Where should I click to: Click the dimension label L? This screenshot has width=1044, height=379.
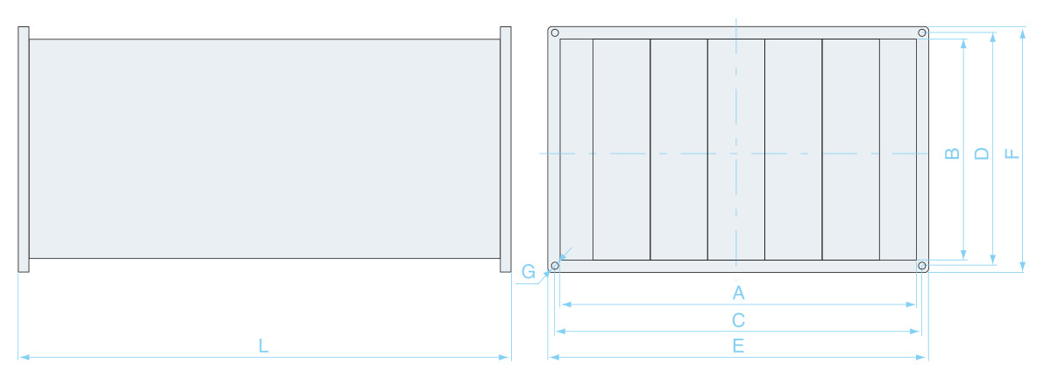pyautogui.click(x=264, y=346)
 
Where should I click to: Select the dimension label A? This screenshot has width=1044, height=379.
pyautogui.click(x=738, y=292)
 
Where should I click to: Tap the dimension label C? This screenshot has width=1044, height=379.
pyautogui.click(x=738, y=320)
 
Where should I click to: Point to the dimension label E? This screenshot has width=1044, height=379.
pyautogui.click(x=738, y=346)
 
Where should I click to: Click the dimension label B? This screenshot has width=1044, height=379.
pyautogui.click(x=953, y=154)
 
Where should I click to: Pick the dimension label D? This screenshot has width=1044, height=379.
pyautogui.click(x=982, y=154)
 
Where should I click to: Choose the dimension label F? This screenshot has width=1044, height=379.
pyautogui.click(x=1012, y=154)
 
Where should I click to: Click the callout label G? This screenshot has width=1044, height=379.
pyautogui.click(x=528, y=272)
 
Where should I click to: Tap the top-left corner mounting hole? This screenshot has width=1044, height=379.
pyautogui.click(x=555, y=32)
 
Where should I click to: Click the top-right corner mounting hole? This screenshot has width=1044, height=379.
pyautogui.click(x=922, y=32)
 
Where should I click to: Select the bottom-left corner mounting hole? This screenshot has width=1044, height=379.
pyautogui.click(x=555, y=266)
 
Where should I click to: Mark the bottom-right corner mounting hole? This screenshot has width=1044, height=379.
pyautogui.click(x=922, y=266)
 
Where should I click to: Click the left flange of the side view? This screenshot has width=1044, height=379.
pyautogui.click(x=24, y=149)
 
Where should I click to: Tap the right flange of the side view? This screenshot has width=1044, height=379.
pyautogui.click(x=506, y=149)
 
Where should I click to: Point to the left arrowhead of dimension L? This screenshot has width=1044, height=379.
pyautogui.click(x=24, y=358)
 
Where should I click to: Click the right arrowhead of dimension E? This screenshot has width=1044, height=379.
pyautogui.click(x=922, y=358)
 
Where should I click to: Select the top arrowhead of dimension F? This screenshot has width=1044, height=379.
pyautogui.click(x=1023, y=32)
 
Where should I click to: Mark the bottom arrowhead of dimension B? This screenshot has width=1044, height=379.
pyautogui.click(x=963, y=254)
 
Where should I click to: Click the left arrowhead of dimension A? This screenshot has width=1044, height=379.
pyautogui.click(x=566, y=304)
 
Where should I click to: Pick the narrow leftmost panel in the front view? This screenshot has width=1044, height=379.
pyautogui.click(x=577, y=149)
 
